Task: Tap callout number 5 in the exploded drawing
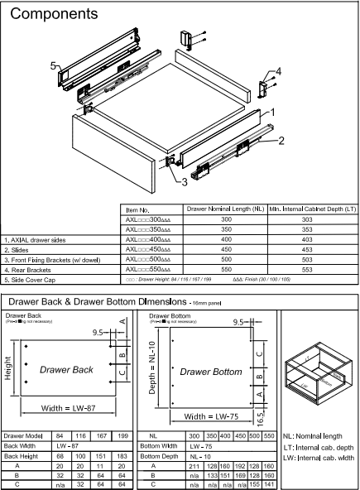click(x=52, y=65)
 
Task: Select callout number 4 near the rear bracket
click(x=278, y=71)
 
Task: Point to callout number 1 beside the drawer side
click(x=272, y=110)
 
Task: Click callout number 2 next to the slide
click(x=281, y=141)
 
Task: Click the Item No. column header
click(x=137, y=211)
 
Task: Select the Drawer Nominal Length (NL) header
click(x=223, y=210)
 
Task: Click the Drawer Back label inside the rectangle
click(x=67, y=369)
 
